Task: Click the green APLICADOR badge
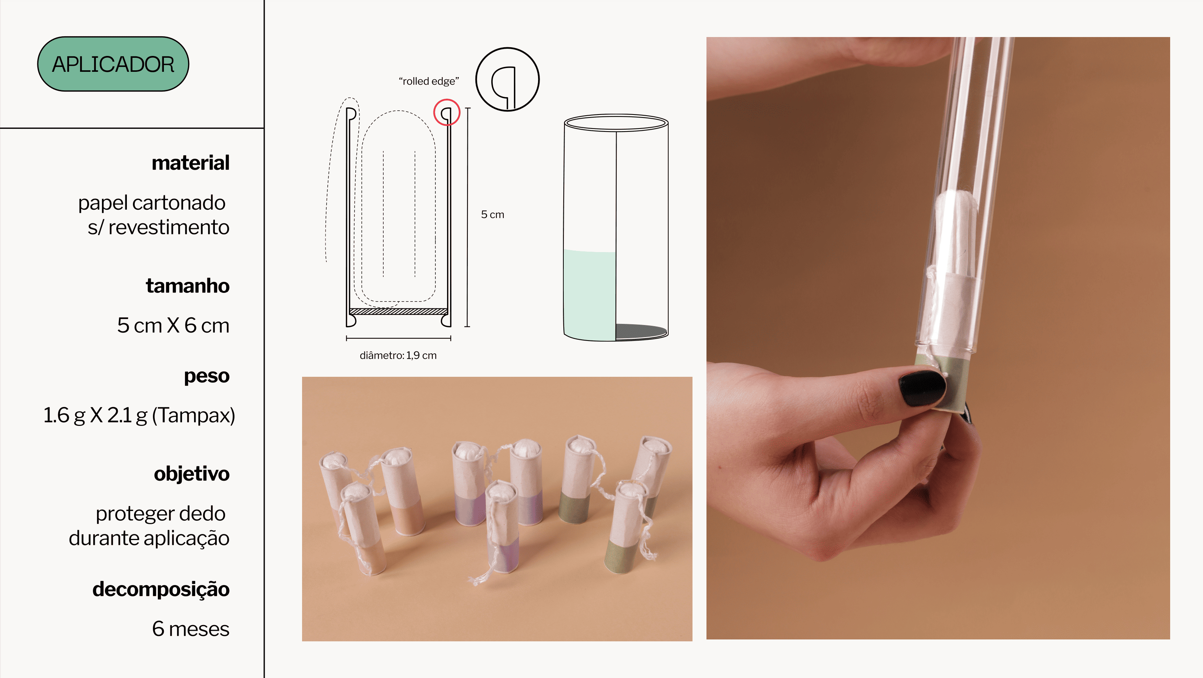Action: point(113,64)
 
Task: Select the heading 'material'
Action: point(191,163)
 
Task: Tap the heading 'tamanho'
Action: point(188,285)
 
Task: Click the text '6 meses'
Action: point(191,629)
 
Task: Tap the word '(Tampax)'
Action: point(194,415)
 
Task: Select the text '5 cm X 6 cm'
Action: point(173,325)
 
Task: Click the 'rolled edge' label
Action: point(429,81)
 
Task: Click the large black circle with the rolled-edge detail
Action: point(507,48)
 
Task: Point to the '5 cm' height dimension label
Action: point(493,215)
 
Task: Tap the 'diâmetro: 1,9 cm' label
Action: point(398,356)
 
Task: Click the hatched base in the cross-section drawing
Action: point(398,311)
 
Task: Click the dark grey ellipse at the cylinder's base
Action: point(641,331)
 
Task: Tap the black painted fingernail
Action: point(922,388)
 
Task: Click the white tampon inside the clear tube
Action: point(955,234)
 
